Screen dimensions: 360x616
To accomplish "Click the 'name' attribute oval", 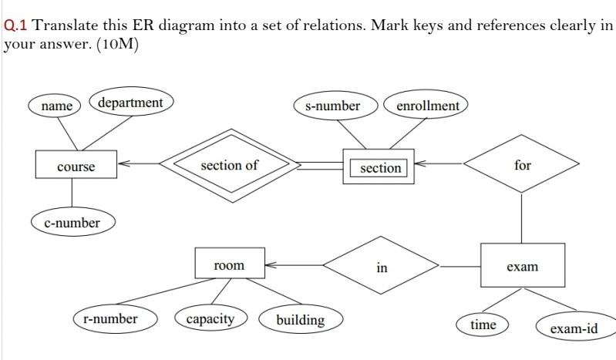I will [x=56, y=106].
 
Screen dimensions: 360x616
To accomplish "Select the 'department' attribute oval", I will [x=131, y=103].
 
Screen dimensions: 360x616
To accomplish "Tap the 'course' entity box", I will [x=76, y=167].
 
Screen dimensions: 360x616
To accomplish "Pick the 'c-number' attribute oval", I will [x=72, y=223].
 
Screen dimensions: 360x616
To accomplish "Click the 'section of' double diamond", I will [x=229, y=165].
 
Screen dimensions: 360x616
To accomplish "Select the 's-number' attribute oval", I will [x=332, y=106].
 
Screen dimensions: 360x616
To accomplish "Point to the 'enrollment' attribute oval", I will [x=427, y=106].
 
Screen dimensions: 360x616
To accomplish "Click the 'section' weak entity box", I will [x=380, y=167].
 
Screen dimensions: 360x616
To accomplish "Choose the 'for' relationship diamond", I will [x=522, y=165].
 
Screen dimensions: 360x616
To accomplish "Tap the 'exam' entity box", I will [x=522, y=266].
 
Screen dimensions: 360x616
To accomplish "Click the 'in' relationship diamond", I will [x=382, y=267].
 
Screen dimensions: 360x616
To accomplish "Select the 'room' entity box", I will [x=229, y=265].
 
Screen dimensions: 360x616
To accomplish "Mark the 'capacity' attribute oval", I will [x=210, y=318].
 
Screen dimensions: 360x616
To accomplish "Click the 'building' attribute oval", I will [x=300, y=319].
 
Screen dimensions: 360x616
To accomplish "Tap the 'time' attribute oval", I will [x=483, y=325].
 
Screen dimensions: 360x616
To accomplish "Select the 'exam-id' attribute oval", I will [x=574, y=328].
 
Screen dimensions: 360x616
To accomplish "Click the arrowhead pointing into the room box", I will [x=270, y=265].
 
